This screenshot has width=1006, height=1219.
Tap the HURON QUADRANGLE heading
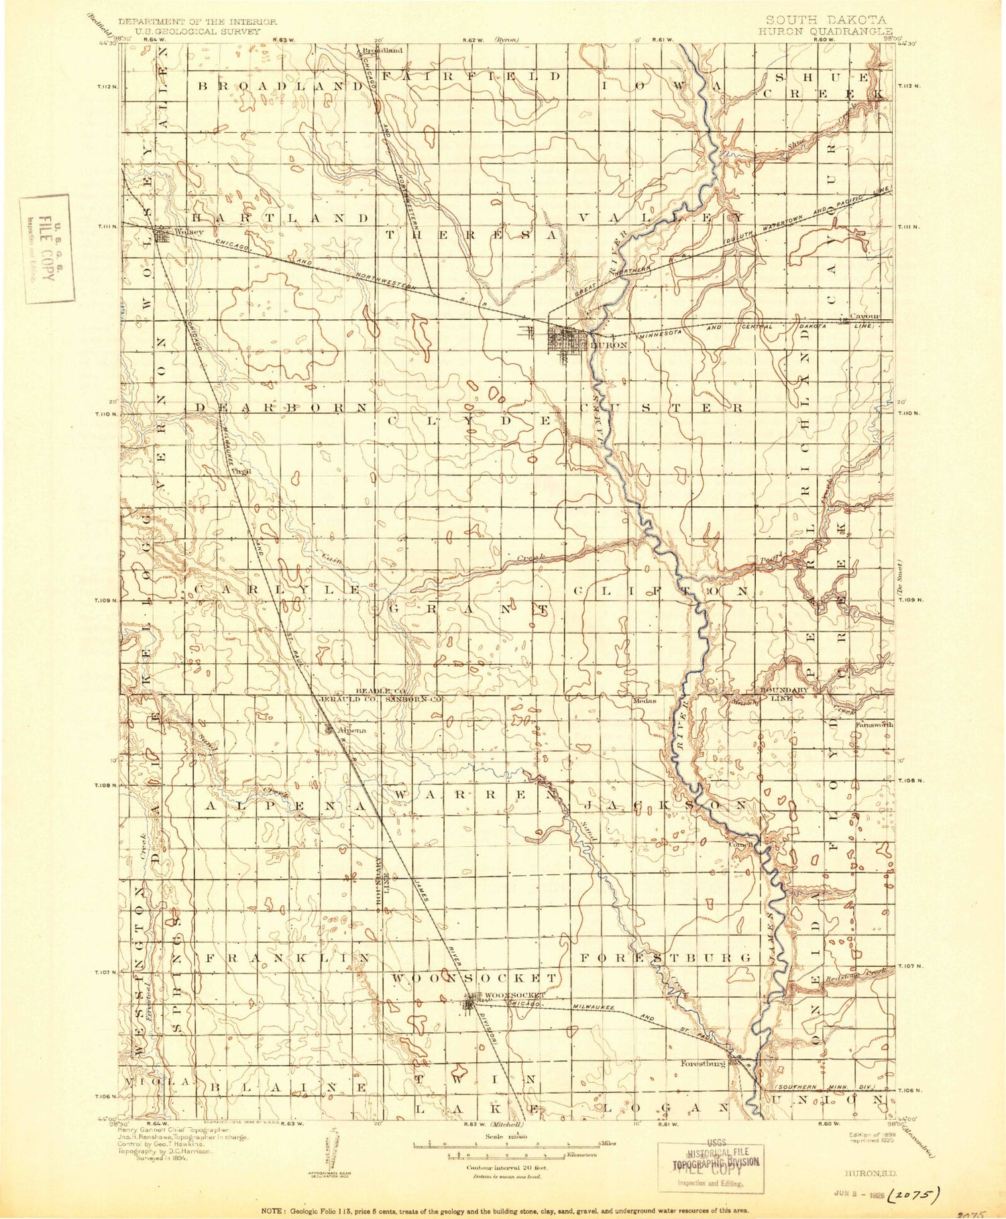(x=825, y=32)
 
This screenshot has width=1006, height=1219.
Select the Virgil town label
(x=241, y=471)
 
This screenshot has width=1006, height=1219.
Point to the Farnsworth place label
(x=874, y=724)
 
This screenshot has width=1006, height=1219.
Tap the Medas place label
(x=645, y=701)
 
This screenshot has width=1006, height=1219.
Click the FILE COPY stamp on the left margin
(x=47, y=248)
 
